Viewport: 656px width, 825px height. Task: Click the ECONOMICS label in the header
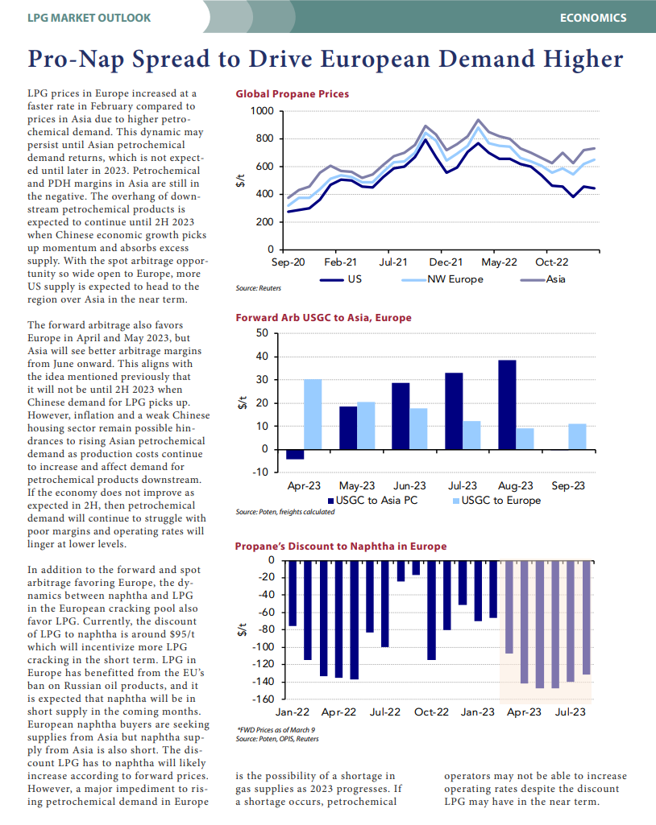coord(593,18)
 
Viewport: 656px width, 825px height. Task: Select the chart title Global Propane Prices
coord(292,93)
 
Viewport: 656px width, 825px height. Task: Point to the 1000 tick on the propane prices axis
coord(262,111)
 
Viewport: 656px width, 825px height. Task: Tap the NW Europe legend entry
coord(442,279)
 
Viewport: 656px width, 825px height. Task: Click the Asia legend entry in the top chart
coord(542,279)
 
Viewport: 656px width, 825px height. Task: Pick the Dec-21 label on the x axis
coord(446,262)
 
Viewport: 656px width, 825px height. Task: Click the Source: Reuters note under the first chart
coord(258,288)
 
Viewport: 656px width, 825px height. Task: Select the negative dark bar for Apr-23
coord(295,454)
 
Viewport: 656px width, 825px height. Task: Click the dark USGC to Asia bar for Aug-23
coord(507,405)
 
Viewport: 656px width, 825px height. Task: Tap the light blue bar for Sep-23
coord(578,437)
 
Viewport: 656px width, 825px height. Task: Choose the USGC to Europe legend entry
coord(497,501)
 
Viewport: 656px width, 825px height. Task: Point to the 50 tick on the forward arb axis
coord(262,333)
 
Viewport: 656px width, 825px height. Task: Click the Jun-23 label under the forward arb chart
coord(409,485)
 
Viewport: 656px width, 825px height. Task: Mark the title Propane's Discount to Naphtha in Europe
coord(341,547)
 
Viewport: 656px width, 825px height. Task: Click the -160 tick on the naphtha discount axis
coord(264,699)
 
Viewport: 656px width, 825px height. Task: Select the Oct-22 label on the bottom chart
coord(431,712)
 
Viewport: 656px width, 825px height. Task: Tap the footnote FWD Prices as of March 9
coord(276,730)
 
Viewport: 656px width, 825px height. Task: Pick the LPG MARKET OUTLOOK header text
coord(89,18)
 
